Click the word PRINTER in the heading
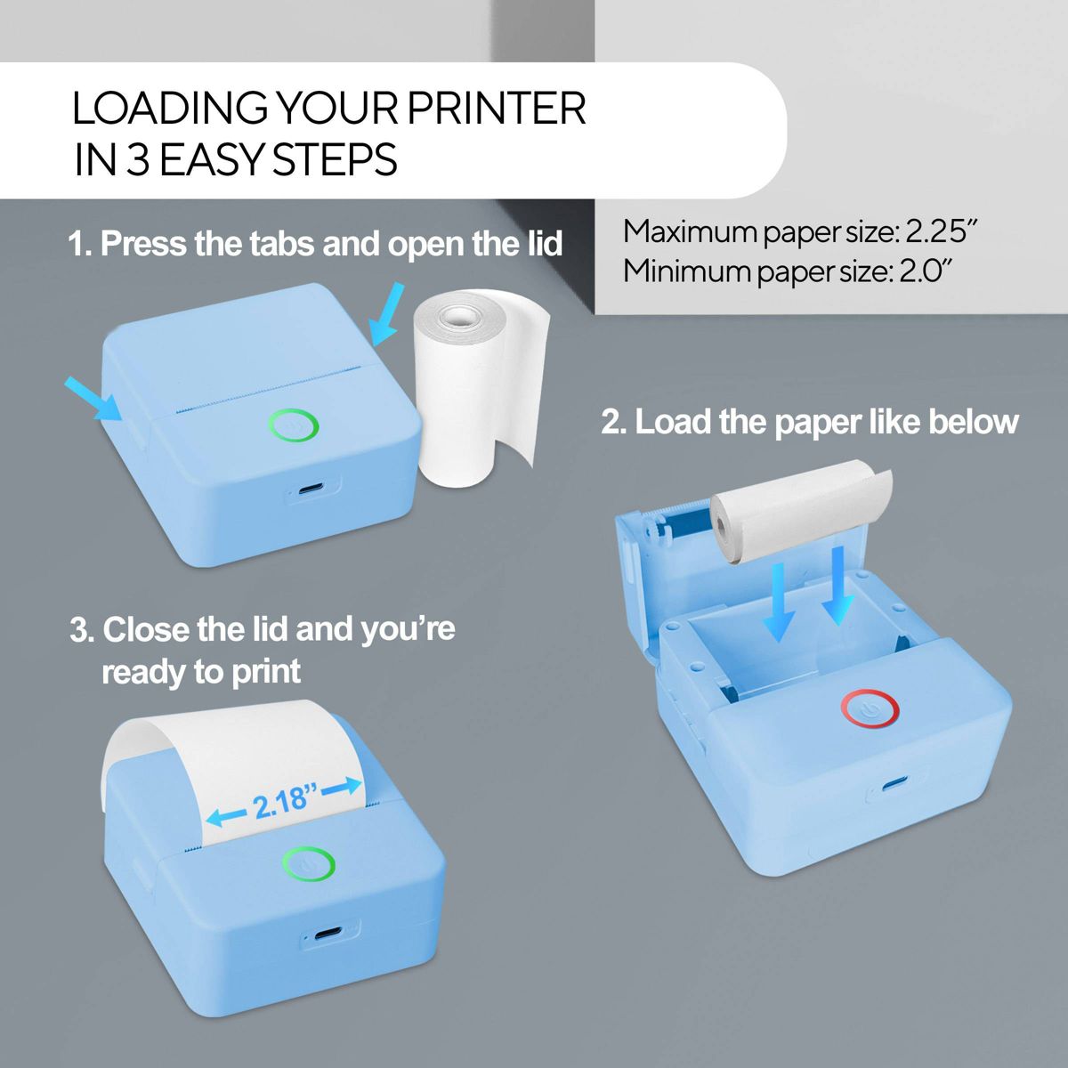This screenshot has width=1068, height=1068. click(497, 109)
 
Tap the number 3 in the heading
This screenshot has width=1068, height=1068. click(137, 160)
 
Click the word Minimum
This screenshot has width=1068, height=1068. click(687, 271)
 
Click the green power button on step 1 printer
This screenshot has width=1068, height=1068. click(294, 425)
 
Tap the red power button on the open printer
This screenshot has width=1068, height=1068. click(870, 710)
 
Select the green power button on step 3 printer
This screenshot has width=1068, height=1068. click(309, 864)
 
